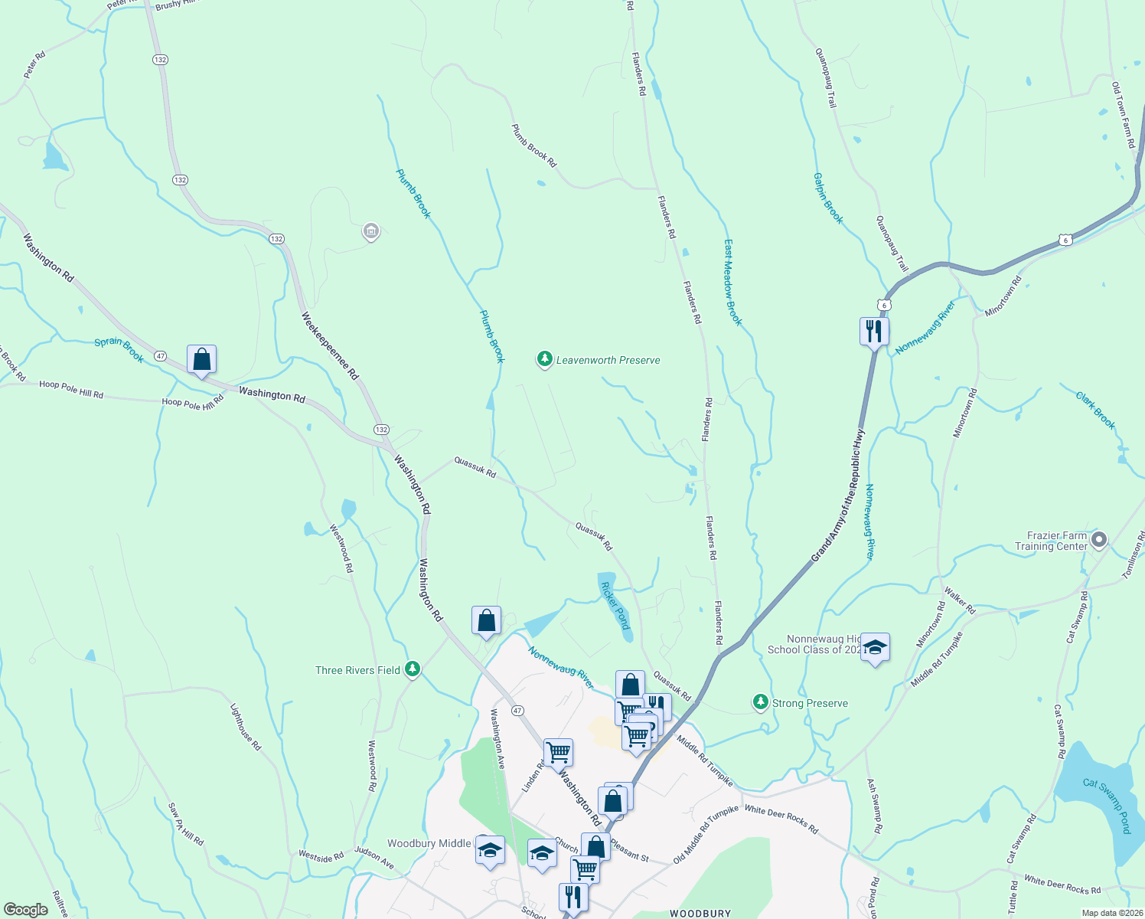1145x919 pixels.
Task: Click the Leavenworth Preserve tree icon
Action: click(544, 359)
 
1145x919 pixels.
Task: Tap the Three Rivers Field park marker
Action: click(413, 669)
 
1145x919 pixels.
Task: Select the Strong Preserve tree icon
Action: click(760, 702)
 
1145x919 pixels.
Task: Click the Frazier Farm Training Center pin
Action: click(1099, 541)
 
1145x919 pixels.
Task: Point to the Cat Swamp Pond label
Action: click(1107, 805)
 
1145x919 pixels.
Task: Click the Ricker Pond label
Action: click(615, 605)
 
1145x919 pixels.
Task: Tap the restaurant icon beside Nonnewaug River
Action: click(873, 331)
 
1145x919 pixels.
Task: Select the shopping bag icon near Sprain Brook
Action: click(201, 359)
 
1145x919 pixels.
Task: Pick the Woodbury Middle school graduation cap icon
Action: click(490, 850)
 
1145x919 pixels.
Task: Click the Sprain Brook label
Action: click(119, 349)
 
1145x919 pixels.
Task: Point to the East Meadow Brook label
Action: click(732, 282)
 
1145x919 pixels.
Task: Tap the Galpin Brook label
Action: click(828, 198)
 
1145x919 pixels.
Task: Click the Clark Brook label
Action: click(1095, 410)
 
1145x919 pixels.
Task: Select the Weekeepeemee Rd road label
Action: click(329, 346)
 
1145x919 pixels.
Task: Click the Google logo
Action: click(25, 909)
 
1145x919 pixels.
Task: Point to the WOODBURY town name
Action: click(700, 913)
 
